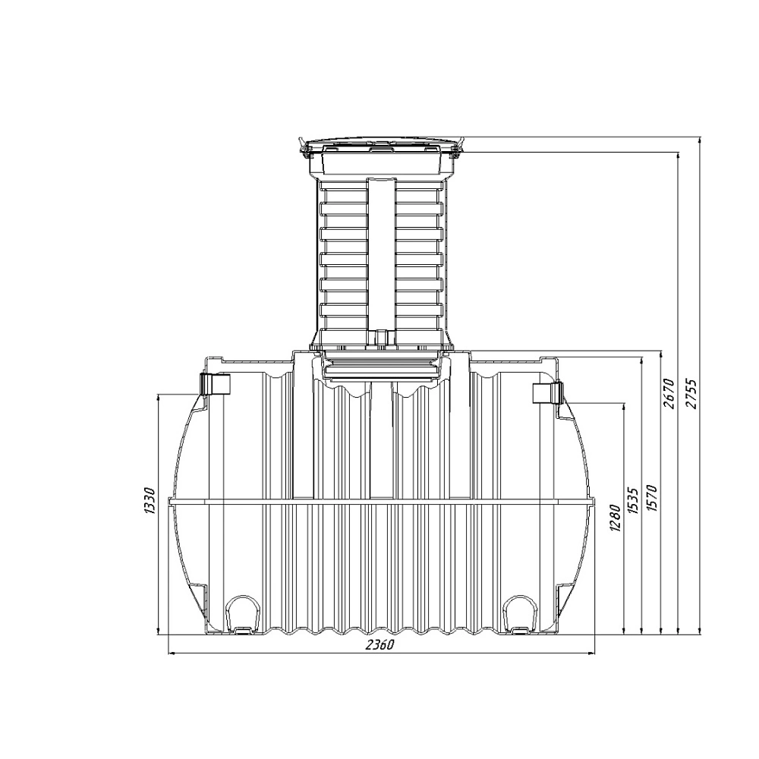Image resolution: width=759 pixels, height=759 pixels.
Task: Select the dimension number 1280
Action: (x=615, y=518)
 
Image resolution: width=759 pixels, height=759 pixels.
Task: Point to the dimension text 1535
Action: (x=633, y=500)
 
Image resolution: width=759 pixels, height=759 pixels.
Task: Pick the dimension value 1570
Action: (x=651, y=498)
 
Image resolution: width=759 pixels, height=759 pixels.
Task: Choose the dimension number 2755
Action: (x=692, y=394)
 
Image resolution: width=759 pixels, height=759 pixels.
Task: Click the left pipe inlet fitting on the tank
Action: (x=215, y=384)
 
